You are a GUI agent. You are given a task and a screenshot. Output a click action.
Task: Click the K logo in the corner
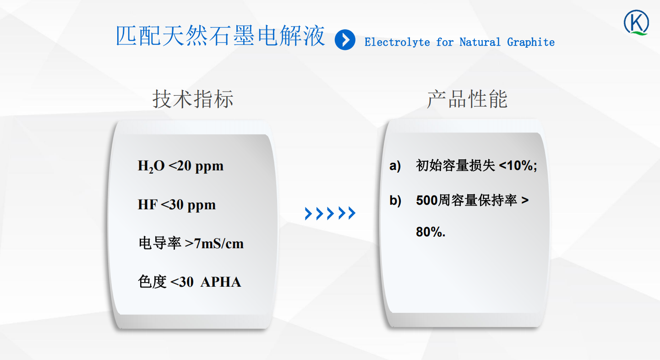coord(637,22)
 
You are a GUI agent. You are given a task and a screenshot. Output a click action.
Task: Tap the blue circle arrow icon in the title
coord(345,40)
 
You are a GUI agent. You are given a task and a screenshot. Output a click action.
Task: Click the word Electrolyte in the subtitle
coord(397,42)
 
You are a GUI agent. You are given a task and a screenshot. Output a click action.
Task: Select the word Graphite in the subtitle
coord(531,42)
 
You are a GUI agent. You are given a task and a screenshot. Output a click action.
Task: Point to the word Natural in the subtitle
coord(480,42)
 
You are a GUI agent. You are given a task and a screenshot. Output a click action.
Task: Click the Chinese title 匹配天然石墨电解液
coord(220,36)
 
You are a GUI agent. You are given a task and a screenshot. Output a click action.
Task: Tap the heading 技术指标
coord(193,99)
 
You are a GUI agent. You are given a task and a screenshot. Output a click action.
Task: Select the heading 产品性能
coord(467,99)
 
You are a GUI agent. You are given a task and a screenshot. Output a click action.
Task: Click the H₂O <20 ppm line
coord(180,166)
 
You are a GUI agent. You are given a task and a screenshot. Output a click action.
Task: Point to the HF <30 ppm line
coord(177,205)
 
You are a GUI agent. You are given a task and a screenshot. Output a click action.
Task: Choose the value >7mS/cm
coord(214,244)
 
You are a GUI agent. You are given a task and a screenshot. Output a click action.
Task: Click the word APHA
coord(221,282)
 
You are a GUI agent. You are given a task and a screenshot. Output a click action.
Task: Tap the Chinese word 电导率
coord(160,244)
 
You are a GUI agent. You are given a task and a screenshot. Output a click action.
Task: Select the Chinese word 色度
coord(152,282)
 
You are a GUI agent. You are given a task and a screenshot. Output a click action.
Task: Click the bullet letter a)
coord(395,165)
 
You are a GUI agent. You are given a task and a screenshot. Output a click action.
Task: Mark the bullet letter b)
coord(395,201)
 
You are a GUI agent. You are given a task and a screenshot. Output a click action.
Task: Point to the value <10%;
coord(518,165)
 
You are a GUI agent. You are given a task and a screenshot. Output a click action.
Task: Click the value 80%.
coord(431,232)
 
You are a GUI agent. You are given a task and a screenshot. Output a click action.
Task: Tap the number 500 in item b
coord(427,200)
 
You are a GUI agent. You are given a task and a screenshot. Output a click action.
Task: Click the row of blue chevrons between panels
coord(330,213)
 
